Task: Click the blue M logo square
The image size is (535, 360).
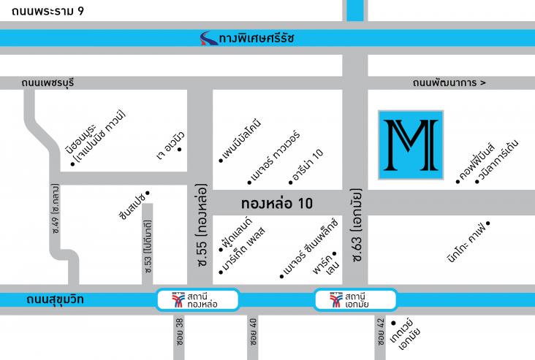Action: point(410,145)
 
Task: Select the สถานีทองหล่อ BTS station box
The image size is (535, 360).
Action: point(197,299)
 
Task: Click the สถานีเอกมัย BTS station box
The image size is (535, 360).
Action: point(355,299)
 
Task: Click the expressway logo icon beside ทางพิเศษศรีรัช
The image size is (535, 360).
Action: point(209,38)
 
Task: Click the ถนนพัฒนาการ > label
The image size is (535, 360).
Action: point(449,83)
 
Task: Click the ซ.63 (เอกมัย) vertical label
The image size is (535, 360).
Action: point(357,228)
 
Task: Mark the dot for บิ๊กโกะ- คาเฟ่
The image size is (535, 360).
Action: point(488,223)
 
